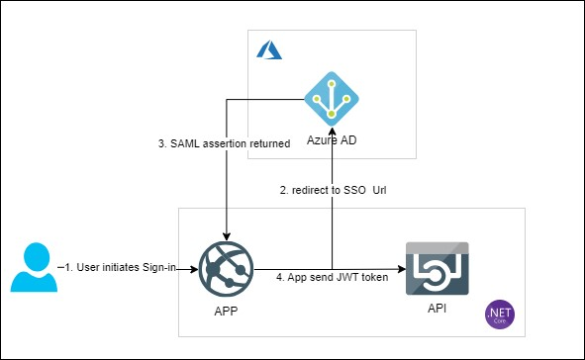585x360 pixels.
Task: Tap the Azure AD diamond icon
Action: coord(332,98)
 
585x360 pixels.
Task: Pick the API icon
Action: coord(437,268)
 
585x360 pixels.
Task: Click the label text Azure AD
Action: coord(332,140)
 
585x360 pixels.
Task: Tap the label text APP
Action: coord(226,311)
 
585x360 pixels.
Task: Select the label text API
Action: coord(436,310)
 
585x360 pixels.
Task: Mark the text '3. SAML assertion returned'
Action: coord(224,143)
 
